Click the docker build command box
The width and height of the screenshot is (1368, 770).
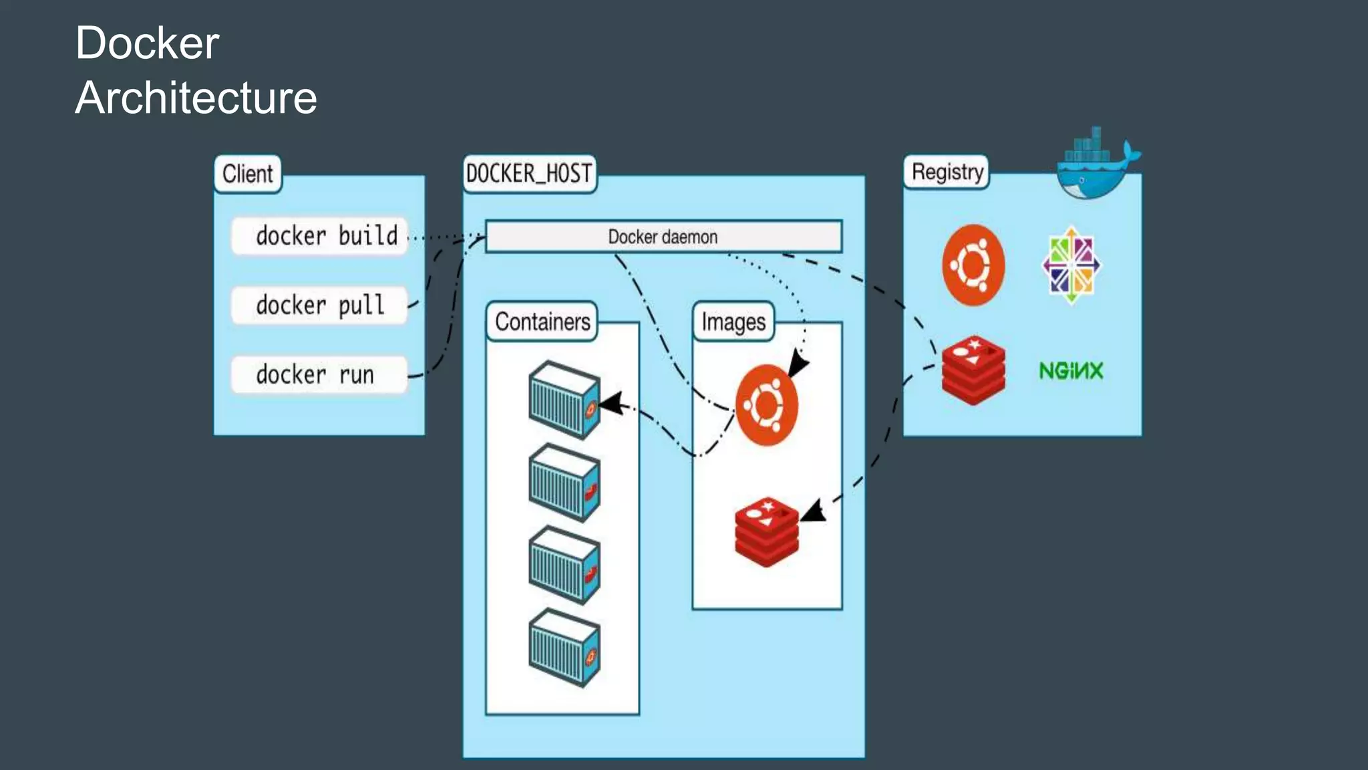(x=319, y=236)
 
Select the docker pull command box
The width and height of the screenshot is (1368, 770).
(x=319, y=305)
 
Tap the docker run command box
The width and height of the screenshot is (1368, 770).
(x=319, y=375)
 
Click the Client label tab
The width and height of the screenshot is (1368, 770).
(x=248, y=174)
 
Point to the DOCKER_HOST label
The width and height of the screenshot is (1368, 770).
(x=529, y=174)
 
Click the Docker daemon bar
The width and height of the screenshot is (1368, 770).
(x=663, y=237)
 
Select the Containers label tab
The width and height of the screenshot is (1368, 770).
(x=542, y=322)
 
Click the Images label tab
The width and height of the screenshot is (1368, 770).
(x=733, y=322)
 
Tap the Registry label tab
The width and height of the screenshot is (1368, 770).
(x=947, y=172)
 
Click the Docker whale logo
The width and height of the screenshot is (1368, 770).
(x=1095, y=167)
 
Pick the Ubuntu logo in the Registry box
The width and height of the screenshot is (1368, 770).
(x=973, y=265)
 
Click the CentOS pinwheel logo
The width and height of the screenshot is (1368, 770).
(x=1071, y=265)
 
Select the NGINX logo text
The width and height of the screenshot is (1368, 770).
(x=1071, y=370)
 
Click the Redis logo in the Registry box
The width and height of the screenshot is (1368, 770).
(x=973, y=370)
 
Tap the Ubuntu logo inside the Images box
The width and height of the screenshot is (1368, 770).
(x=767, y=405)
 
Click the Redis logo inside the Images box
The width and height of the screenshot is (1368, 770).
(x=767, y=531)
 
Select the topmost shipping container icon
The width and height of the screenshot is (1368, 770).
(x=564, y=400)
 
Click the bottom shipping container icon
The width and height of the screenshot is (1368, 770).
(x=564, y=648)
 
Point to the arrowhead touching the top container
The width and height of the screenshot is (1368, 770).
(x=612, y=403)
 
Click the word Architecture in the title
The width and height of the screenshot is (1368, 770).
(x=196, y=98)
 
